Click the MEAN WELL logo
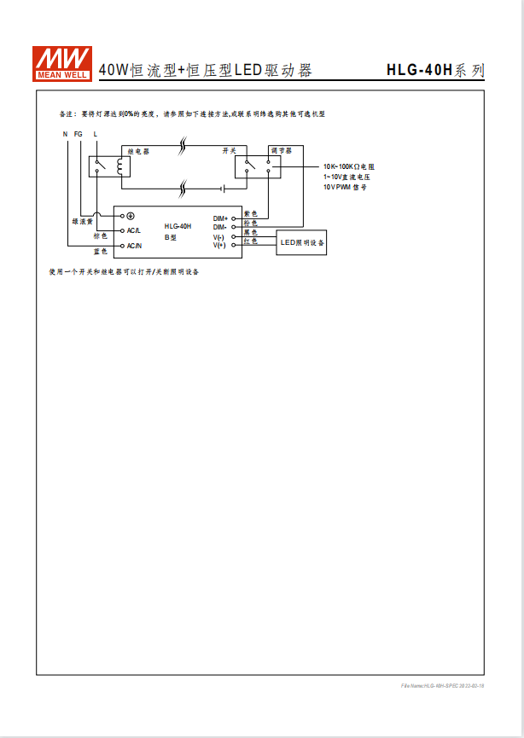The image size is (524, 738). (62, 62)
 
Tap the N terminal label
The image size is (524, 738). (66, 134)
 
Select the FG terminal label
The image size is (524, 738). (79, 134)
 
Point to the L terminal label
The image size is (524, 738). (96, 134)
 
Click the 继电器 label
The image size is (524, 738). (138, 150)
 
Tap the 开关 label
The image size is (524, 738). (229, 150)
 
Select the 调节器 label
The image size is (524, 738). (281, 150)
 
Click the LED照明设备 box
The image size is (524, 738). (302, 242)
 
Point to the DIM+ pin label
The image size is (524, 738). (220, 219)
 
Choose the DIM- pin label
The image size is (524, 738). (220, 227)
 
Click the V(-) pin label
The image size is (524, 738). (219, 237)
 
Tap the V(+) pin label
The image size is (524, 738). (219, 245)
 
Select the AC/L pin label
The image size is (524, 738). (134, 230)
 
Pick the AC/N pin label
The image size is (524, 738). (134, 246)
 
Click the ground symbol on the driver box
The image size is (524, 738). (130, 217)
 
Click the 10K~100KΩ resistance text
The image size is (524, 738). (349, 166)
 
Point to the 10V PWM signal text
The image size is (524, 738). (344, 186)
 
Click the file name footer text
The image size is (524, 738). (442, 686)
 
